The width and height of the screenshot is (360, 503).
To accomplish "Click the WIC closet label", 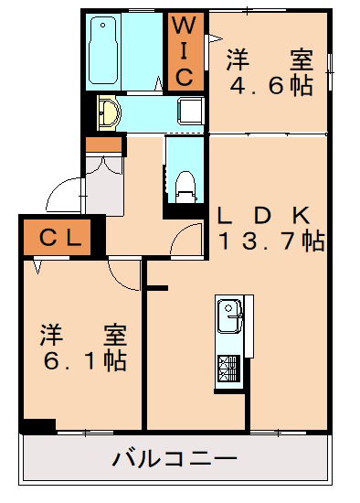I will [185, 50].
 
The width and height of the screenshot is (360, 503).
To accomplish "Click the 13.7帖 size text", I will [270, 242].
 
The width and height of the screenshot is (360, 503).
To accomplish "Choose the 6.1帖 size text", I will [83, 359].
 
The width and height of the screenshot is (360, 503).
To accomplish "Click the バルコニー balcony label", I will [175, 457].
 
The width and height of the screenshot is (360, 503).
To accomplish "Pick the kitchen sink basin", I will [228, 317].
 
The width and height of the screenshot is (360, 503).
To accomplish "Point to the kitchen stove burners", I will [228, 368].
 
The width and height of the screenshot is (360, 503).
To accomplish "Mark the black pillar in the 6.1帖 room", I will [37, 425].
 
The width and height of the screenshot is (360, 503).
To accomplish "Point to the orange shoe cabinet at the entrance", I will [103, 144].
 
